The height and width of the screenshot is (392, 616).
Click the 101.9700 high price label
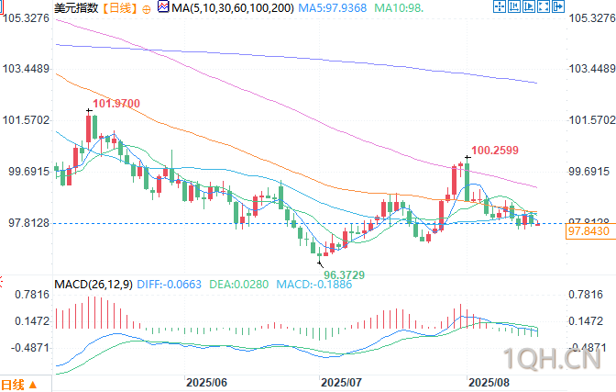[x=116, y=104]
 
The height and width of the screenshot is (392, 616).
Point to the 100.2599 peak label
[x=495, y=150]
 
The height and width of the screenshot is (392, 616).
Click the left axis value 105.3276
[x=26, y=18]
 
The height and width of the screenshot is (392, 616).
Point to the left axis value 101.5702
[x=26, y=120]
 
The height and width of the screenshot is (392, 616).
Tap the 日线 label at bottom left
[x=14, y=384]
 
